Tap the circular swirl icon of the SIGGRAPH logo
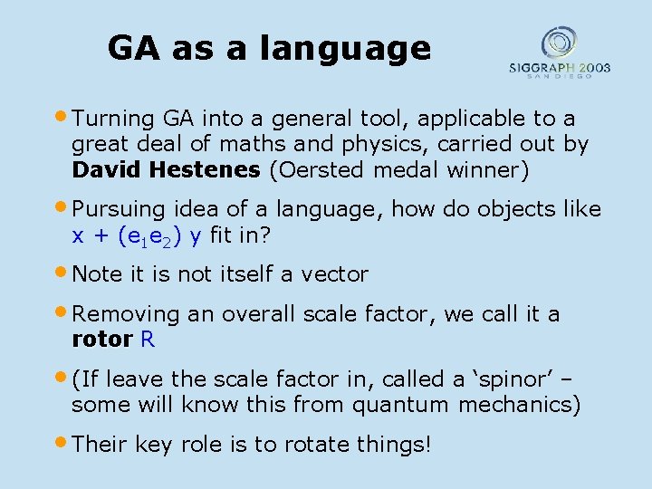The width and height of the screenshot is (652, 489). [x=559, y=43]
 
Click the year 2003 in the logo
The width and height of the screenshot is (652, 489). [x=591, y=67]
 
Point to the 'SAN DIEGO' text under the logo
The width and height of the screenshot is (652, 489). [x=559, y=77]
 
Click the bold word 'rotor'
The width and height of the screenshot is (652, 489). [x=102, y=340]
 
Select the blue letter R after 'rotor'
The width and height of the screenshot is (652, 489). [x=148, y=340]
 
